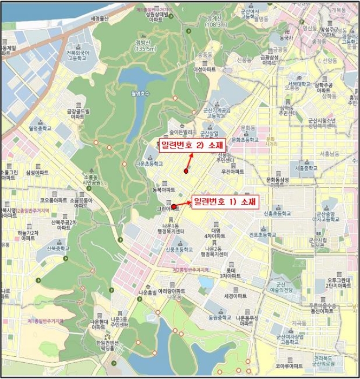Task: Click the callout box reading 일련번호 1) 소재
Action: click(x=224, y=201)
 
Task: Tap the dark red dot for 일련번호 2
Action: click(x=186, y=171)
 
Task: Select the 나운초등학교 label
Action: click(x=148, y=162)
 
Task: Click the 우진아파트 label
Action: click(x=232, y=171)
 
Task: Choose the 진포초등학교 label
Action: click(x=263, y=234)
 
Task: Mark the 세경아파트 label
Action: click(x=235, y=296)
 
